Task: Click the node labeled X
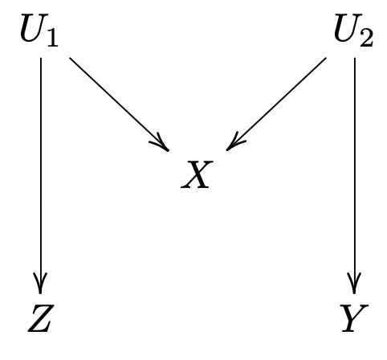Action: coord(197,174)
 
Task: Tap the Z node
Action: coord(41,318)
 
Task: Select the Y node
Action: coord(355,318)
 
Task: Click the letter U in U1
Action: coord(34,28)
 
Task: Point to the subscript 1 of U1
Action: coord(53,37)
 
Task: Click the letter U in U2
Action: coord(348,28)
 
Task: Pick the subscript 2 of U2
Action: coord(366,37)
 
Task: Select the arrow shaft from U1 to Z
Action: coord(41,175)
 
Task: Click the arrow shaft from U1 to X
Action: coord(119,104)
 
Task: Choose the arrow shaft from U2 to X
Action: coord(276,104)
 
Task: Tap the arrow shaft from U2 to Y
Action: coord(355,175)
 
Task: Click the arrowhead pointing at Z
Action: coord(40,284)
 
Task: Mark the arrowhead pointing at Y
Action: coord(355,284)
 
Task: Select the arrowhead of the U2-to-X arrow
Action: coord(234,143)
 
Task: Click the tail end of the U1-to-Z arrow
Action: coord(41,58)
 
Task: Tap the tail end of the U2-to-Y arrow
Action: coord(355,58)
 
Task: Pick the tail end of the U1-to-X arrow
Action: coord(70,58)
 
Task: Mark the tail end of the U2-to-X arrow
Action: coord(326,58)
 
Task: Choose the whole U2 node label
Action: coord(353,31)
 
